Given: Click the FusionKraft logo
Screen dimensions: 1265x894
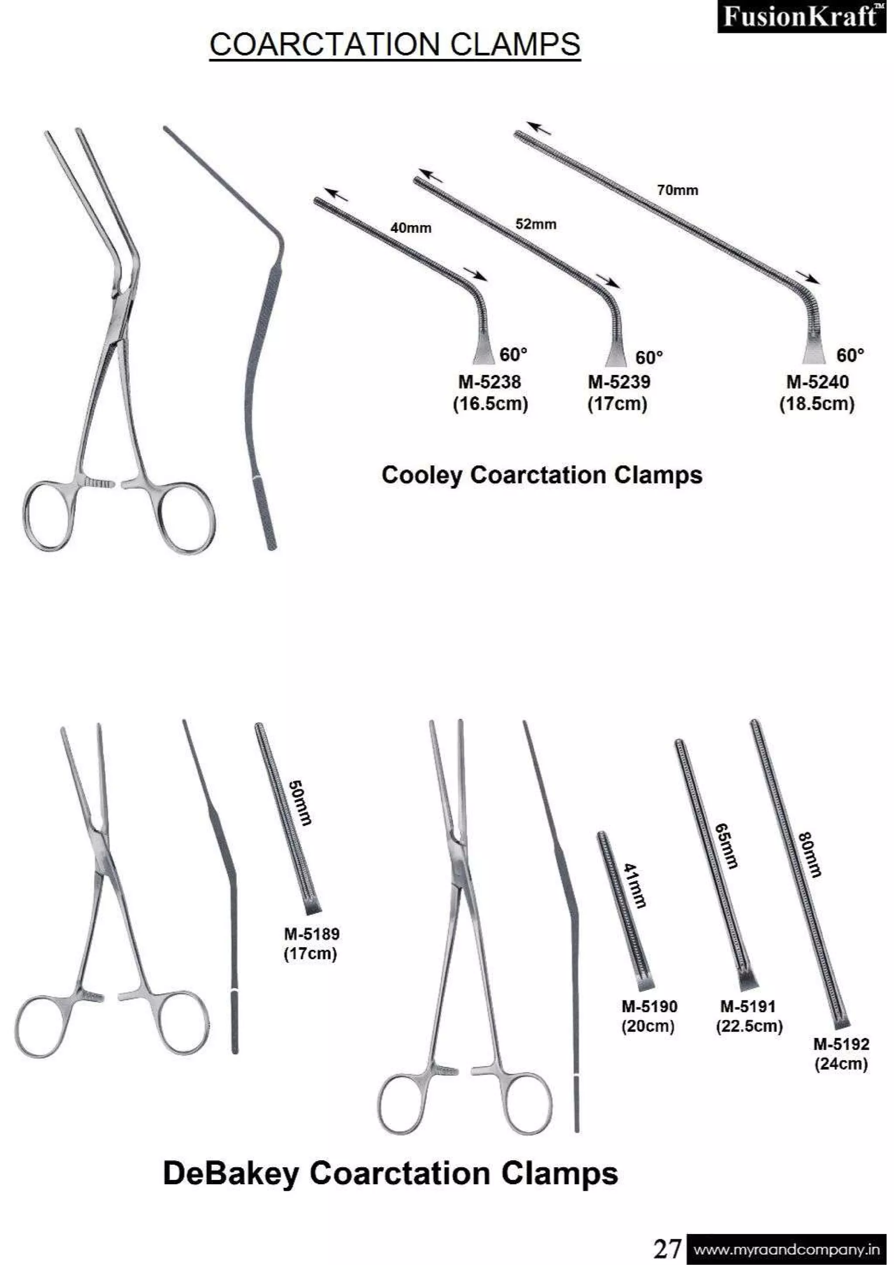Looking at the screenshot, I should pyautogui.click(x=801, y=17).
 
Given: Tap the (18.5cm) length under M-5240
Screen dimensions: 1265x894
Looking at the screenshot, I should pyautogui.click(x=816, y=404).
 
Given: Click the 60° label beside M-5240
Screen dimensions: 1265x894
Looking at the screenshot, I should pyautogui.click(x=850, y=355).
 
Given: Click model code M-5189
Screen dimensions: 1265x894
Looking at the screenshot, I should pyautogui.click(x=311, y=933).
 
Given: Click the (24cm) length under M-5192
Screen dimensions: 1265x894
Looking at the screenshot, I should pyautogui.click(x=841, y=1063).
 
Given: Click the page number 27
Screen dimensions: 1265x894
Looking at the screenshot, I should pyautogui.click(x=667, y=1248).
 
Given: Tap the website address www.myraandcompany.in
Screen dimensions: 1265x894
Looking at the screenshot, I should pyautogui.click(x=786, y=1249).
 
